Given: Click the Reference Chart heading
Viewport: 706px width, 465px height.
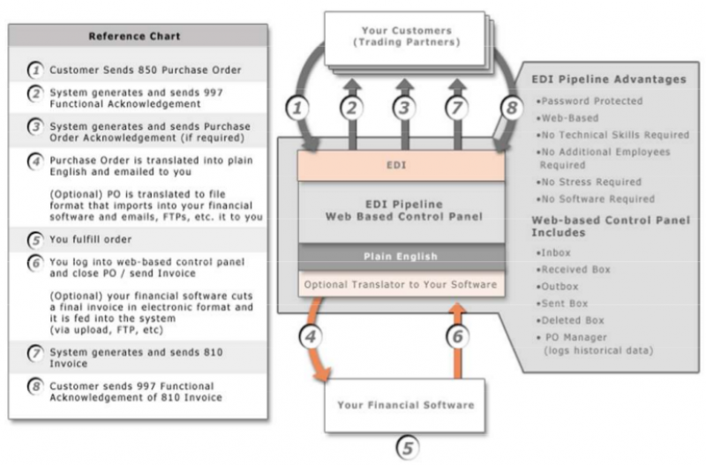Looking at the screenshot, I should point(137,36).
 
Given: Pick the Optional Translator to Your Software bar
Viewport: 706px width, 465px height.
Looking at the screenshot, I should point(402,285).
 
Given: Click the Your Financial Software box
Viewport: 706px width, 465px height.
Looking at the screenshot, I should point(405,405).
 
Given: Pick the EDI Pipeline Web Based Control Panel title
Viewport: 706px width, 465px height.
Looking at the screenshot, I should point(402,210).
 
